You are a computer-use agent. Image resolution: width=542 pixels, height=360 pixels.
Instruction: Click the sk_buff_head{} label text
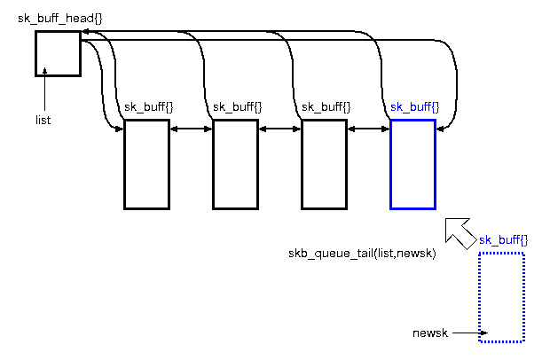pyautogui.click(x=59, y=19)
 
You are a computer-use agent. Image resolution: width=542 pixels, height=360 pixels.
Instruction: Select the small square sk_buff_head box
pyautogui.click(x=58, y=53)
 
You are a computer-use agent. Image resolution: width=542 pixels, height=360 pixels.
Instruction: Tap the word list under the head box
pyautogui.click(x=43, y=118)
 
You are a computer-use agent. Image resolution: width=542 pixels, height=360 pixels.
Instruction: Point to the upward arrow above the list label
pyautogui.click(x=43, y=93)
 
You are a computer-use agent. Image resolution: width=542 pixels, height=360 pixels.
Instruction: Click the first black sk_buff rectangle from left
pyautogui.click(x=146, y=164)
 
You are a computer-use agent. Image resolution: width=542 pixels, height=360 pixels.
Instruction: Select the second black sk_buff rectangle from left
pyautogui.click(x=235, y=164)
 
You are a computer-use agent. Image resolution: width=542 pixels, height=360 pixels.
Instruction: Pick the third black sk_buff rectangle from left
pyautogui.click(x=324, y=164)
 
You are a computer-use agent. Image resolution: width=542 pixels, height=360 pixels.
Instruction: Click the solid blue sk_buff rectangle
pyautogui.click(x=412, y=164)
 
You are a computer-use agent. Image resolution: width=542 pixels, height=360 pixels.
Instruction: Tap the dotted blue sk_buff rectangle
pyautogui.click(x=501, y=297)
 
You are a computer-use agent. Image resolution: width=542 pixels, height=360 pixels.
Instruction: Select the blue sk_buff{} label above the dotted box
pyautogui.click(x=503, y=240)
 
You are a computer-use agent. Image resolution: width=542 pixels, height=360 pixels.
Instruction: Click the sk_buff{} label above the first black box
pyautogui.click(x=149, y=107)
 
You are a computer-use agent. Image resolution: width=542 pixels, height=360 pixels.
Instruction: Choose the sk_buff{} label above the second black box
pyautogui.click(x=238, y=107)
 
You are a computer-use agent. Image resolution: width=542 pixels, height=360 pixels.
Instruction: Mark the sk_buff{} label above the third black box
pyautogui.click(x=326, y=107)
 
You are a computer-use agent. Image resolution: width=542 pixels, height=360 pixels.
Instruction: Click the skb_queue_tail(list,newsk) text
pyautogui.click(x=361, y=254)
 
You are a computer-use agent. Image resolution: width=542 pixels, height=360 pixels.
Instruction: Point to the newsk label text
pyautogui.click(x=430, y=333)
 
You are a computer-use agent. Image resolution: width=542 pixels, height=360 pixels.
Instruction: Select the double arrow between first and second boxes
pyautogui.click(x=191, y=129)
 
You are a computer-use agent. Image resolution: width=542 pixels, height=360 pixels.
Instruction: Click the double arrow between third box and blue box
pyautogui.click(x=368, y=129)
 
